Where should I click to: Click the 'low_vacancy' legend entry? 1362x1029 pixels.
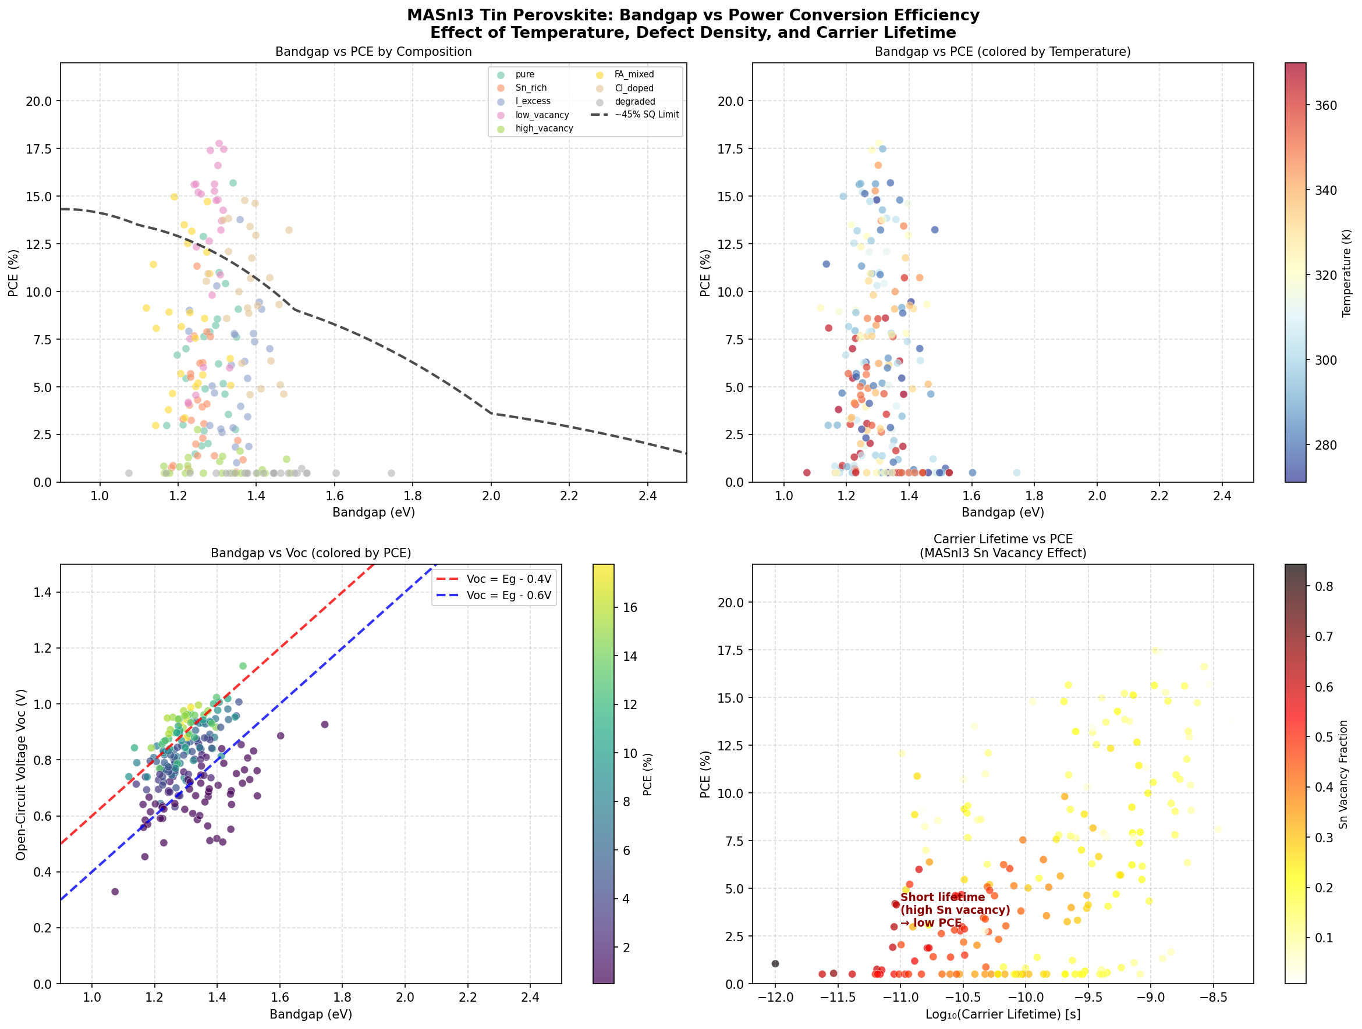pos(542,115)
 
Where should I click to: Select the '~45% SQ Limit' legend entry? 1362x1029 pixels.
pos(647,115)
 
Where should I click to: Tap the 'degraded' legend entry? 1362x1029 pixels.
pos(635,102)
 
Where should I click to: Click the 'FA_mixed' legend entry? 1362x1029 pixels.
pos(634,74)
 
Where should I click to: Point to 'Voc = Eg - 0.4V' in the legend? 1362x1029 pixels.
pos(509,579)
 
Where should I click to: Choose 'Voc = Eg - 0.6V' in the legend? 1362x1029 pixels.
pos(509,595)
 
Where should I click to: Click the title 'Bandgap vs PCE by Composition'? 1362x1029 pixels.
pos(373,52)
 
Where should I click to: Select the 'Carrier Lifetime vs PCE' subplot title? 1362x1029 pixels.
pos(1002,539)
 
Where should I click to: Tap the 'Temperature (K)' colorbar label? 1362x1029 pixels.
pos(1347,273)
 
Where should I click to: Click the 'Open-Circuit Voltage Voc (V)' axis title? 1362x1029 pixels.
pos(22,774)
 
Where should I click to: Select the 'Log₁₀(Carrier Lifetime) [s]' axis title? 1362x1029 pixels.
pos(1002,1014)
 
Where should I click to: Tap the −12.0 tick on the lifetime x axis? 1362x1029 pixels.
pos(775,997)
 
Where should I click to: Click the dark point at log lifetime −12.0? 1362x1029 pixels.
pos(775,964)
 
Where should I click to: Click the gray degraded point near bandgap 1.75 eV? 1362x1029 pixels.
pos(391,473)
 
